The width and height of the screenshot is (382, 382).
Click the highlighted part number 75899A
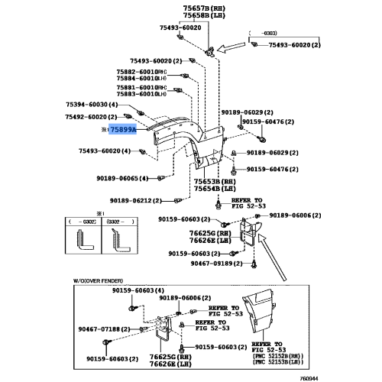(122, 130)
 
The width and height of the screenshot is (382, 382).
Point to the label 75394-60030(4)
(92, 104)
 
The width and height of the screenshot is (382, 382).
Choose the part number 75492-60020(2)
(92, 117)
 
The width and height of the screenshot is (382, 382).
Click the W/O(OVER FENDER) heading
(101, 281)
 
